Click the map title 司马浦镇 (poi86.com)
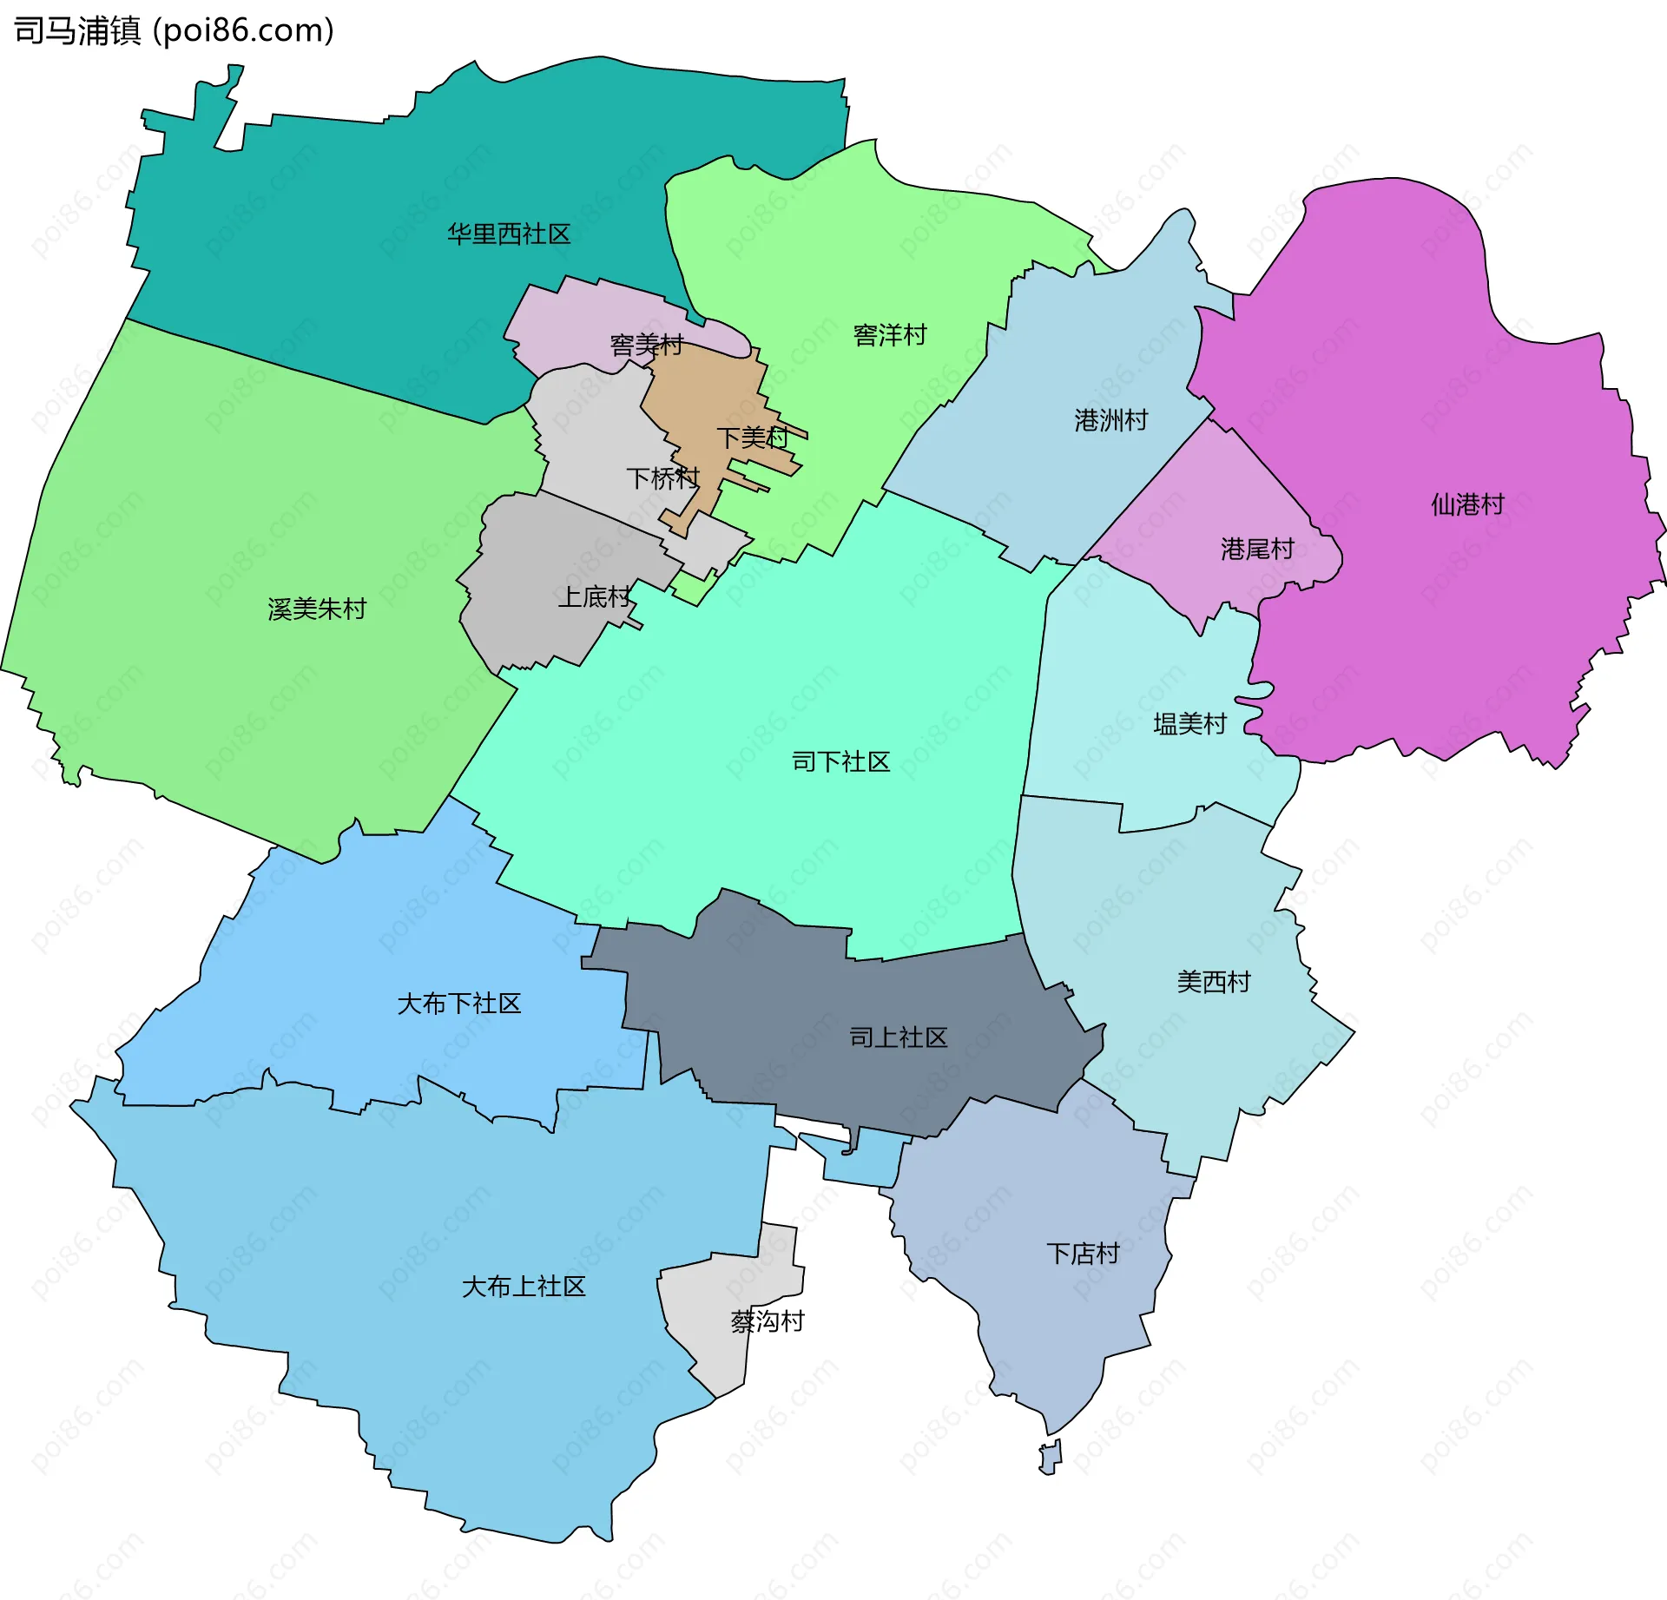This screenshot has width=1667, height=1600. pos(174,31)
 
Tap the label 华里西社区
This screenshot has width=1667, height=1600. pos(509,234)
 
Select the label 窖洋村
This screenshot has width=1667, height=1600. pos(890,335)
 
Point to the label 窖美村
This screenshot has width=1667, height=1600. pos(647,346)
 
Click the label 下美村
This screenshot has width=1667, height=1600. pos(752,438)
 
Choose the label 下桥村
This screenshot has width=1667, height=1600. pos(662,478)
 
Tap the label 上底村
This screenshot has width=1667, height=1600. pos(594,597)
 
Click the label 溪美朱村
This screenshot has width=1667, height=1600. pos(317,609)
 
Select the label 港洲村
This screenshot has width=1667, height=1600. pos(1110,421)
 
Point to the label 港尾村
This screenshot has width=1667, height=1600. pos(1257,550)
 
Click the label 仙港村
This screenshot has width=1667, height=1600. pos(1467,504)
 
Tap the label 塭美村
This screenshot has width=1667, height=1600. pos(1189,724)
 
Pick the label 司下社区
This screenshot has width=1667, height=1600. pos(840,762)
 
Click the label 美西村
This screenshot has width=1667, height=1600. pos(1213,983)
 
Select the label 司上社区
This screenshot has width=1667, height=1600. pos(898,1037)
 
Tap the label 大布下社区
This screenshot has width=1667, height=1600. pos(458,1004)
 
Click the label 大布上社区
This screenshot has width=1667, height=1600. pos(524,1287)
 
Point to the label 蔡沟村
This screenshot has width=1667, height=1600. pos(768,1321)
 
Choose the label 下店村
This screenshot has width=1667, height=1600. pos(1083,1254)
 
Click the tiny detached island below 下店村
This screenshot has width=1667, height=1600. pos(1051,1458)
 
